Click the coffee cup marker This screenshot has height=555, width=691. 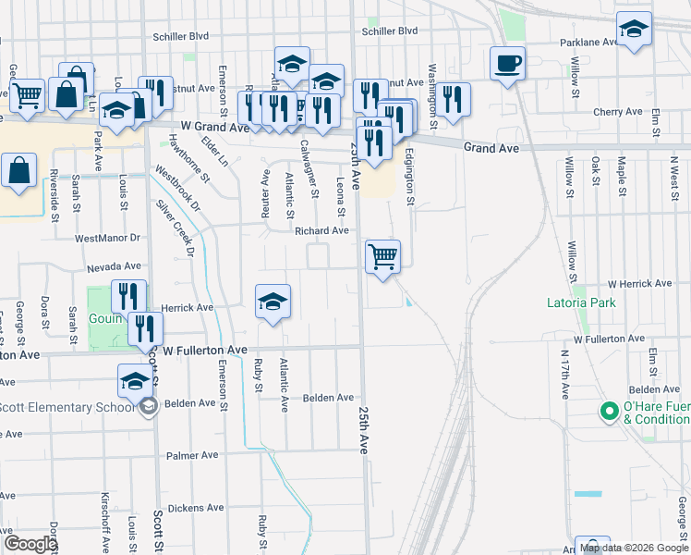[x=506, y=65]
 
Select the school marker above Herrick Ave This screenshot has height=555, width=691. [x=273, y=302]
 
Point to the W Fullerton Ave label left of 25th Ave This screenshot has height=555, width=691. [x=205, y=350]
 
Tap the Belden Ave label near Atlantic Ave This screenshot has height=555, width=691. [x=328, y=398]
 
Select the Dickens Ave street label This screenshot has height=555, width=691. [x=197, y=508]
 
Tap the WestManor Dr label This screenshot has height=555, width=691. [x=107, y=238]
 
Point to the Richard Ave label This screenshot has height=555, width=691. [x=321, y=230]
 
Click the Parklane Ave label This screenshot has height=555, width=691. [x=589, y=43]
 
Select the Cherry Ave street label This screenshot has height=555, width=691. [x=618, y=112]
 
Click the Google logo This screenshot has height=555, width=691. [x=30, y=544]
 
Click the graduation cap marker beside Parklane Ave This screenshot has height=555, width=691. [x=634, y=31]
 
